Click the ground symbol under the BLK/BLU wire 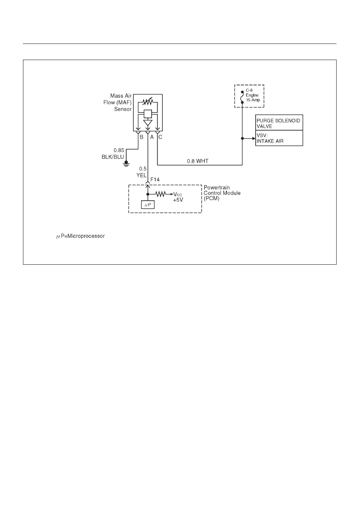click(x=126, y=164)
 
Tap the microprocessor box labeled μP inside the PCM click(x=148, y=205)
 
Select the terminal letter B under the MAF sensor click(x=142, y=137)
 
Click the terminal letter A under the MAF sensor click(x=152, y=137)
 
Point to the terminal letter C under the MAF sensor click(x=160, y=137)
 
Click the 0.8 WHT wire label click(x=198, y=161)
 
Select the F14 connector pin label click(x=155, y=179)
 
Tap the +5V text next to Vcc click(x=178, y=200)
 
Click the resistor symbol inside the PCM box click(x=160, y=194)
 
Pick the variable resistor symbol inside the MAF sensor click(x=148, y=102)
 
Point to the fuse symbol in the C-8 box click(x=242, y=97)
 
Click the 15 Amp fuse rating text click(x=253, y=100)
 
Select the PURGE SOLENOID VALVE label click(x=278, y=123)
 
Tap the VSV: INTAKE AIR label click(x=270, y=138)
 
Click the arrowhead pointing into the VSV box click(x=254, y=138)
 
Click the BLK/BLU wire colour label click(x=113, y=157)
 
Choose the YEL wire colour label click(x=142, y=175)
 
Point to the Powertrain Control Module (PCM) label click(x=222, y=193)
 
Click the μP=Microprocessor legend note click(x=80, y=236)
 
